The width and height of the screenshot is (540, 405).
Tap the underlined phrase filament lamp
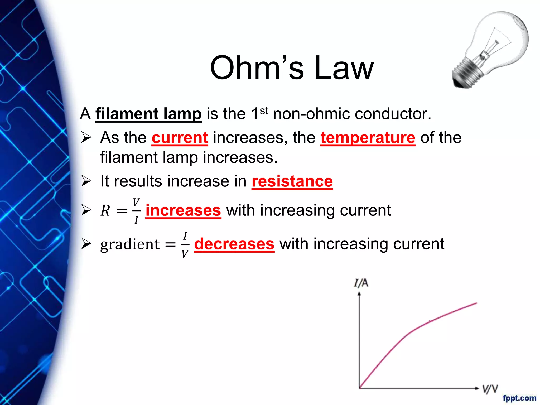148,114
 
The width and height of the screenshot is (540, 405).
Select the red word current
180,138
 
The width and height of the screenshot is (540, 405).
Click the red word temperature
368,138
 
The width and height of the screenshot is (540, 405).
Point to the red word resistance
292,181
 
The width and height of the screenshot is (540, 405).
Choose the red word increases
183,210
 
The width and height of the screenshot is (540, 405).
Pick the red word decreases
234,244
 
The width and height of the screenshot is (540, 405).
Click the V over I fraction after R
136,211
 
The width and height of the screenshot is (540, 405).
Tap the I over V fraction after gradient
185,245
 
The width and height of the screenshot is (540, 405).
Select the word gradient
130,244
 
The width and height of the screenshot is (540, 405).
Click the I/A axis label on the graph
361,283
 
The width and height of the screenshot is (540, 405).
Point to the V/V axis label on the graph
490,389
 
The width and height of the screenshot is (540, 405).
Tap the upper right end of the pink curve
476,303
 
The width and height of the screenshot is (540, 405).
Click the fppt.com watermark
519,398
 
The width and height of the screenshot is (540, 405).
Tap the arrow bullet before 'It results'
86,181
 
